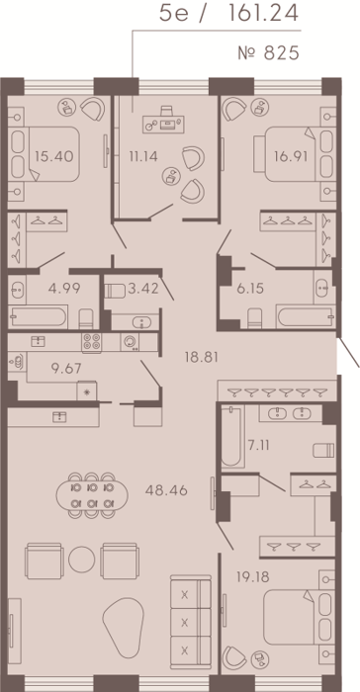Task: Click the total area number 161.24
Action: coord(262,14)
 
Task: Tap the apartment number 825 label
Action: coord(269,53)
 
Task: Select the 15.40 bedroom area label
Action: coord(53,156)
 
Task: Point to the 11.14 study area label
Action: coord(142,156)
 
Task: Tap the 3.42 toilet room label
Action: coord(142,289)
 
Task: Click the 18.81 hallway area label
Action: coord(202,357)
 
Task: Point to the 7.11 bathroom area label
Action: coord(258,445)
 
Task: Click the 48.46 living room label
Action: coord(166,490)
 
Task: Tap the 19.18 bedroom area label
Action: coord(253,576)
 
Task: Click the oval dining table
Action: coord(92,494)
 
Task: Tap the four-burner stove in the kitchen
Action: coord(91,342)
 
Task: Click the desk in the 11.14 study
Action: coord(163,125)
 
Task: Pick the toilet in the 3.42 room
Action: coord(116,291)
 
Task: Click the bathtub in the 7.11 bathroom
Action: coord(232,436)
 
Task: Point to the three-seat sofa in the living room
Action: coord(191,621)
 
